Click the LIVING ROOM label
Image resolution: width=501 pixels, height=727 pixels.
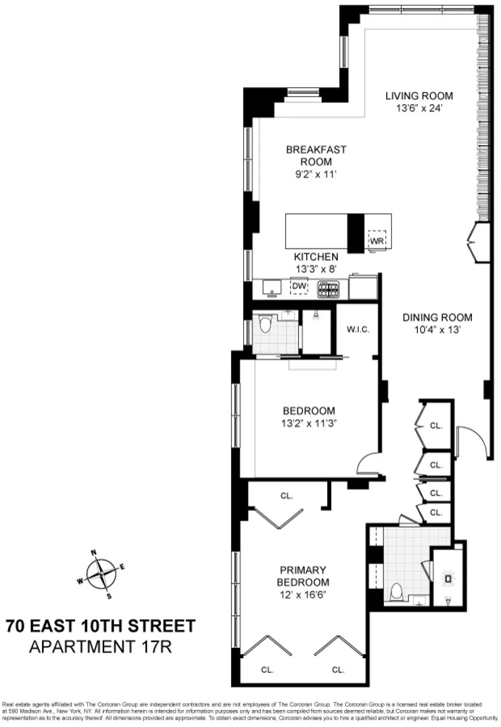pos(419,96)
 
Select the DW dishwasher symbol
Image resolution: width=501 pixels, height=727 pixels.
pos(299,286)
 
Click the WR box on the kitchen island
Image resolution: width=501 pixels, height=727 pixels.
pos(377,241)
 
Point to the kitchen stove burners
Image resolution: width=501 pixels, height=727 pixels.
pos(328,289)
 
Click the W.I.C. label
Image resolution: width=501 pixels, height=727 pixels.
pos(358,329)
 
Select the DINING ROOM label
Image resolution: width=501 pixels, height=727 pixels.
pos(437,317)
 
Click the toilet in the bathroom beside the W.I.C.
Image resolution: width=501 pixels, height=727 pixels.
pos(265,325)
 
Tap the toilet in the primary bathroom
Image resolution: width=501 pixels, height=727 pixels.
pos(396,592)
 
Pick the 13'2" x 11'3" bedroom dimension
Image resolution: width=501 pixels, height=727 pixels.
pos(309,423)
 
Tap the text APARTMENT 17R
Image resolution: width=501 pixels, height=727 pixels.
pos(100,647)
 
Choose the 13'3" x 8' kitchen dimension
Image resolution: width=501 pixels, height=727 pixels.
pos(316,269)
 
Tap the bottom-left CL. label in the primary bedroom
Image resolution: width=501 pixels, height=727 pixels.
pos(268,670)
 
